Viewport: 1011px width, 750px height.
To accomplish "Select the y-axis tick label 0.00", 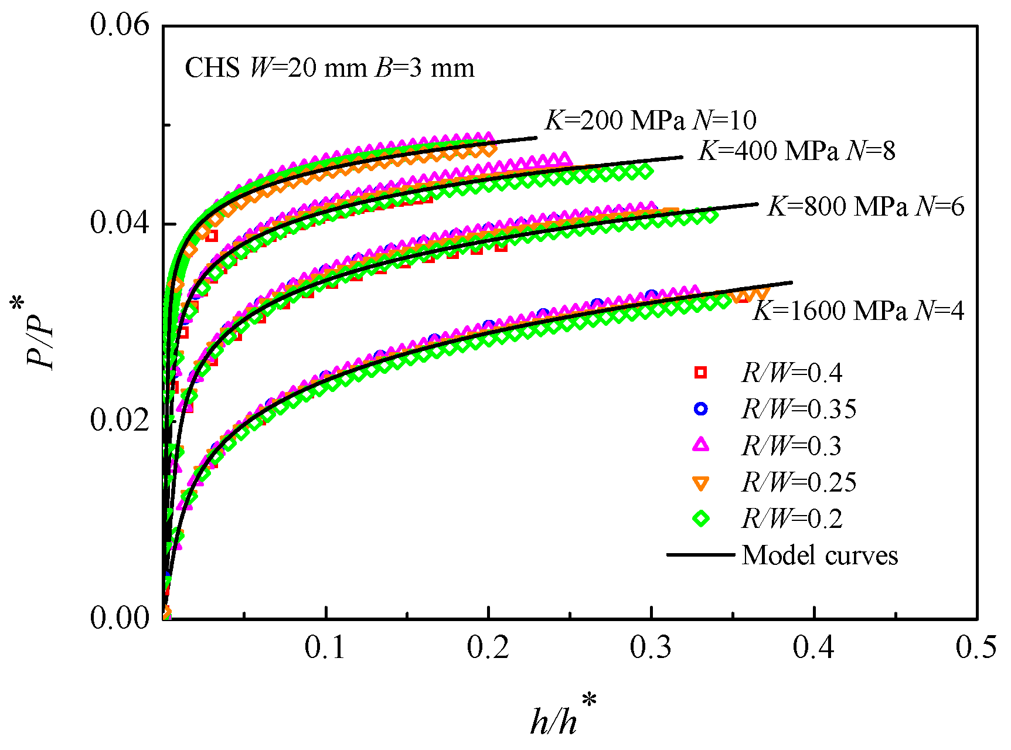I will [x=120, y=618].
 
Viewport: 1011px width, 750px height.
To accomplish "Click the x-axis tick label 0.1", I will [x=325, y=648].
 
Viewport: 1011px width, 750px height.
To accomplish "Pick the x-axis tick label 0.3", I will [x=651, y=648].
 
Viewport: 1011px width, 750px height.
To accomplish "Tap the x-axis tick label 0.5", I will [x=976, y=648].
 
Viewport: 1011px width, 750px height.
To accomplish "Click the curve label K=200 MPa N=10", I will [x=651, y=121].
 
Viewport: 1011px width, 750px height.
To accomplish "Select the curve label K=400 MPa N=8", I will [x=797, y=151].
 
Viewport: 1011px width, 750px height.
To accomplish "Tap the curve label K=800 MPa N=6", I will [x=866, y=207].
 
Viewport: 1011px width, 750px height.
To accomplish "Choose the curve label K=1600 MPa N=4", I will [x=859, y=311].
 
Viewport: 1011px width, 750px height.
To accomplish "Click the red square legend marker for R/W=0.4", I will [x=700, y=373].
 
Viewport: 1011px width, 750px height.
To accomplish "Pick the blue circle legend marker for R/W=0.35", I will [x=700, y=409].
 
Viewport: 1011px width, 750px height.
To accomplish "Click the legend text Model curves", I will [x=819, y=555].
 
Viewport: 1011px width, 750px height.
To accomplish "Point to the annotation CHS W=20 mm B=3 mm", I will [x=329, y=69].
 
